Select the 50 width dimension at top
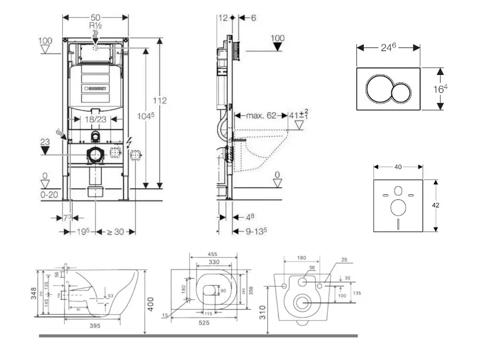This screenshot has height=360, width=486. (x=95, y=17)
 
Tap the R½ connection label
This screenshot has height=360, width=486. (x=95, y=27)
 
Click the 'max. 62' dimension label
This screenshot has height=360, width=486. (x=261, y=116)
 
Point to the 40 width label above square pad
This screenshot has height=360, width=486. (x=398, y=167)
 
